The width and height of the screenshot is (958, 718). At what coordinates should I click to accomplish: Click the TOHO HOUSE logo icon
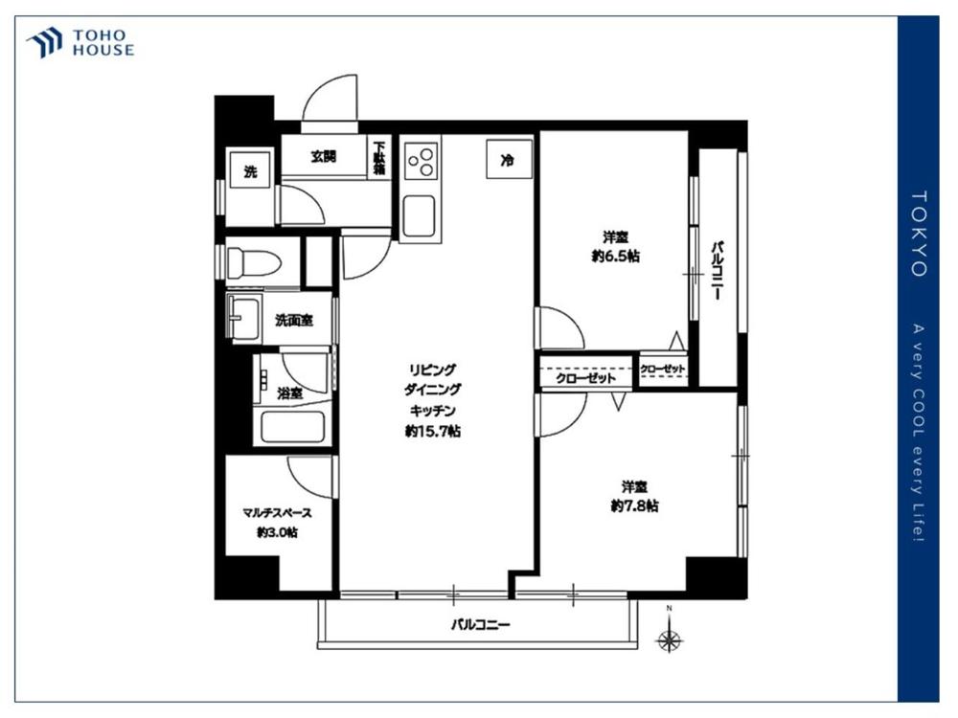[x=44, y=43]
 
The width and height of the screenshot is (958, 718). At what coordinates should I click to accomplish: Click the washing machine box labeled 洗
[x=250, y=171]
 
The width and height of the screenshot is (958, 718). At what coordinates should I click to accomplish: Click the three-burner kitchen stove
[x=422, y=161]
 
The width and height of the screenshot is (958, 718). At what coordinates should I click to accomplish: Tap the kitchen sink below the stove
[x=420, y=217]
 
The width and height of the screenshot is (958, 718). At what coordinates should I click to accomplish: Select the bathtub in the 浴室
[x=292, y=427]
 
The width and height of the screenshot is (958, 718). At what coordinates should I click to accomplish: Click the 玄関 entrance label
[x=323, y=156]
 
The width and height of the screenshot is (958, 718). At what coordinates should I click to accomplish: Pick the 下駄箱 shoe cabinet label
[x=380, y=159]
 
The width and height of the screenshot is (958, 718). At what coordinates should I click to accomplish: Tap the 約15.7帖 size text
[x=433, y=432]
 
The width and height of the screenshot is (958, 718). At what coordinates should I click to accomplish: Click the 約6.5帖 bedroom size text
[x=615, y=256]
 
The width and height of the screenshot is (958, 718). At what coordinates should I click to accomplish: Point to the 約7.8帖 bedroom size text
[x=635, y=505]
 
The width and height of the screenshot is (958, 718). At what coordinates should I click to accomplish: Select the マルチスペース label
[x=278, y=513]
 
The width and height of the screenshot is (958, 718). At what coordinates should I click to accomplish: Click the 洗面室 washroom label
[x=294, y=320]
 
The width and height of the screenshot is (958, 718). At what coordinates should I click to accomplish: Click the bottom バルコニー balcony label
[x=480, y=624]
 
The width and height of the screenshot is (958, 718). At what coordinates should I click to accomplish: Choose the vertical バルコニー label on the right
[x=718, y=271]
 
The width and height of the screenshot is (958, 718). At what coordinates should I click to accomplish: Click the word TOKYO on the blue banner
[x=919, y=234]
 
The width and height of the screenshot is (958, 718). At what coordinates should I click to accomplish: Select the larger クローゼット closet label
[x=585, y=378]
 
